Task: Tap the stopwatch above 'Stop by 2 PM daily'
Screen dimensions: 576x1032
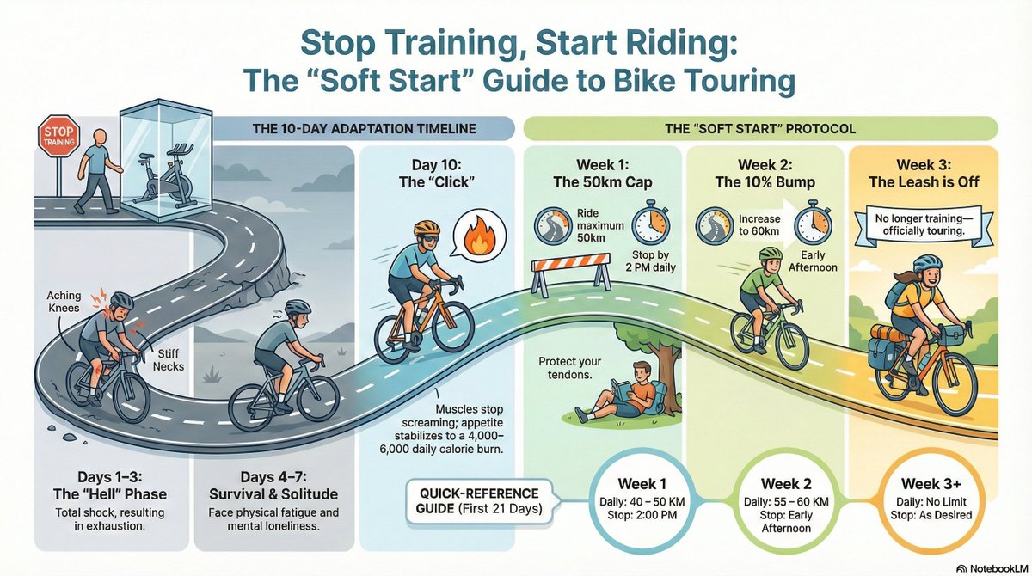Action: pos(651,223)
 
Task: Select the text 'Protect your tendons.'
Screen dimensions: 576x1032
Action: pos(570,369)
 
